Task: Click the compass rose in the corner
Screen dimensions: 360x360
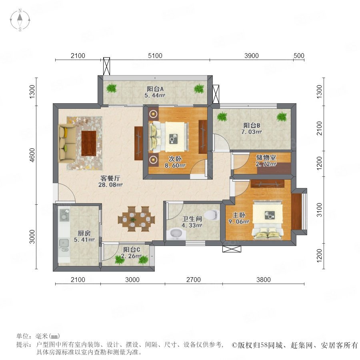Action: coord(20,20)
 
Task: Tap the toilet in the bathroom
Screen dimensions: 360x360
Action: coord(212,215)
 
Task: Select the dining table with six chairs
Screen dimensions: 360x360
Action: coord(137,219)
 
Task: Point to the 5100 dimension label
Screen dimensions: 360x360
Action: coord(155,56)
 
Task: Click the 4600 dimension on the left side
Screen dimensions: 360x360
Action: coord(32,155)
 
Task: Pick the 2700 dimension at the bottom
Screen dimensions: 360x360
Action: coord(194,280)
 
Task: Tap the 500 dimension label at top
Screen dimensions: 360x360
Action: coord(299,56)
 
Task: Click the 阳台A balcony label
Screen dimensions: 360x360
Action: coord(155,89)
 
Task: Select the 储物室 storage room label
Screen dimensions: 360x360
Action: coord(266,158)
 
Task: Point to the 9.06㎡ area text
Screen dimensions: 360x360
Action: coord(239,221)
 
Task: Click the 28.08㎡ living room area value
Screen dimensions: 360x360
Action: coord(110,184)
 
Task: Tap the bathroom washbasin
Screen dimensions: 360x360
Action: coord(176,234)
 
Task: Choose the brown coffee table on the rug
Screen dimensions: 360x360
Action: coord(89,143)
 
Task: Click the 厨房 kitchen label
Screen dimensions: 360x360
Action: coord(84,233)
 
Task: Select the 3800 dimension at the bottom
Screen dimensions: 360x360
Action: coord(264,280)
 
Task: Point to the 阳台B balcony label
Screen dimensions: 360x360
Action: coord(252,125)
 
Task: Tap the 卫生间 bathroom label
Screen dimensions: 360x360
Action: coord(192,219)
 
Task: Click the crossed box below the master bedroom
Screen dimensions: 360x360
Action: coord(232,249)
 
